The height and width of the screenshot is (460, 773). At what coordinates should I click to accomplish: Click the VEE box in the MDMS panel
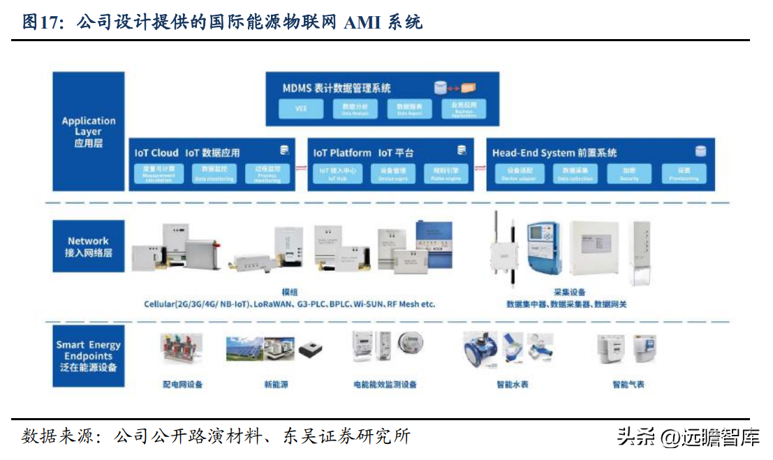(301, 108)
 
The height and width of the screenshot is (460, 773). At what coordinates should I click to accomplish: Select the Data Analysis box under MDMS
(355, 108)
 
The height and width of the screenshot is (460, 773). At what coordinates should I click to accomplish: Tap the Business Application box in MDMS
(464, 108)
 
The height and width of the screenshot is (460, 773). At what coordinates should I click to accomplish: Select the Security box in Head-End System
(629, 173)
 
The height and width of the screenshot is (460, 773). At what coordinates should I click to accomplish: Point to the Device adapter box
(518, 173)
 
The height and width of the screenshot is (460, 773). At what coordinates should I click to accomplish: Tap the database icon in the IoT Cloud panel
(284, 150)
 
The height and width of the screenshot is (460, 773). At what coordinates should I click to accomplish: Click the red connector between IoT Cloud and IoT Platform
(300, 168)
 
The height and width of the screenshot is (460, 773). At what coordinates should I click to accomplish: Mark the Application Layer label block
(89, 131)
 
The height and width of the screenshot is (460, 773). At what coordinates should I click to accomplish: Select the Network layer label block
(89, 246)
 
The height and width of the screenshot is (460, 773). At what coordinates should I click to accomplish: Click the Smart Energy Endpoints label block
(89, 356)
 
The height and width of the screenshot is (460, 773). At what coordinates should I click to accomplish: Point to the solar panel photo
(244, 349)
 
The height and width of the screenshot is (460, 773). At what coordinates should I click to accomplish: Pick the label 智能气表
(628, 385)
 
